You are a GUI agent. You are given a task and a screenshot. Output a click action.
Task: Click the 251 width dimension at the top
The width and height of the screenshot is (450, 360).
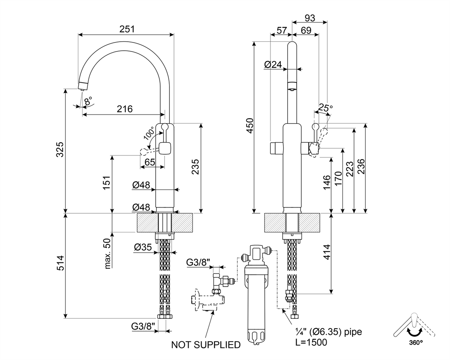(127, 29)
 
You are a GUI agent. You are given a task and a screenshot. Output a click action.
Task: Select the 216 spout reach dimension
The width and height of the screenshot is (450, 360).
(124, 109)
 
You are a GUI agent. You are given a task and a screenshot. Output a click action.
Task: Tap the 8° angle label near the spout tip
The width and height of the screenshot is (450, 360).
(88, 101)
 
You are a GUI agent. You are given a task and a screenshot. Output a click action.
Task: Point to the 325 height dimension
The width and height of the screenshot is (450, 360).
(60, 149)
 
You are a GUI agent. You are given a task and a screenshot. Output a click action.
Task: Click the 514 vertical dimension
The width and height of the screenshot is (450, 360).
(60, 263)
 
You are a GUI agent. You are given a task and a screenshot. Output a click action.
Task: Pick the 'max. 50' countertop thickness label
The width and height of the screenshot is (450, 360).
(107, 253)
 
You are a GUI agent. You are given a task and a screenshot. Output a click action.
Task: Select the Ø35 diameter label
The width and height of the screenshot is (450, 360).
(143, 247)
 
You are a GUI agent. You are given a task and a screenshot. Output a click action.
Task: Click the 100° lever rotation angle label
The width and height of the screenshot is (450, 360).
(149, 134)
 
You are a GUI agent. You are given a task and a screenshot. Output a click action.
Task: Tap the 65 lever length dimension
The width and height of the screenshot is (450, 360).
(150, 162)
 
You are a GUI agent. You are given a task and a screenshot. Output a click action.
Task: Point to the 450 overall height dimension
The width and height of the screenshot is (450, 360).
(250, 126)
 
